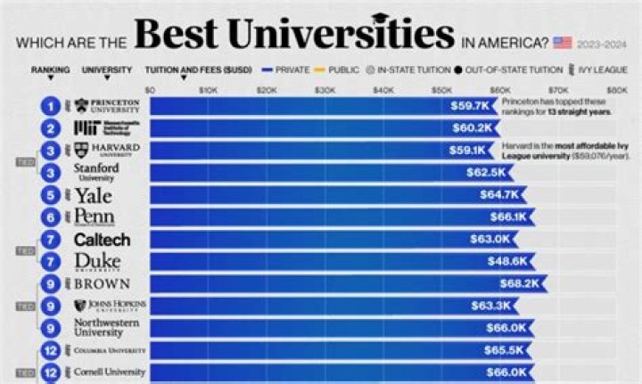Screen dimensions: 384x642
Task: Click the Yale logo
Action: (93, 194)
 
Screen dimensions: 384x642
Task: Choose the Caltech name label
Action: (102, 240)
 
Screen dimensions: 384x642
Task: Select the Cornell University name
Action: (109, 372)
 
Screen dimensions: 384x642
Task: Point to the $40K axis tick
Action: (383, 90)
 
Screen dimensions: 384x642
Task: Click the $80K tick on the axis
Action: (616, 90)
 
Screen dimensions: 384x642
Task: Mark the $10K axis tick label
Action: (208, 90)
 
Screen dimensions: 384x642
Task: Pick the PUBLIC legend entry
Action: (339, 69)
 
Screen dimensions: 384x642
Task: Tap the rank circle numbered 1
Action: (53, 106)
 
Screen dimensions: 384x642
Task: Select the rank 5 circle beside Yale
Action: (53, 194)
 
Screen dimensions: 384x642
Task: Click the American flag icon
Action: (562, 41)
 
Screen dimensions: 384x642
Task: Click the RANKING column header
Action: (50, 69)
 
